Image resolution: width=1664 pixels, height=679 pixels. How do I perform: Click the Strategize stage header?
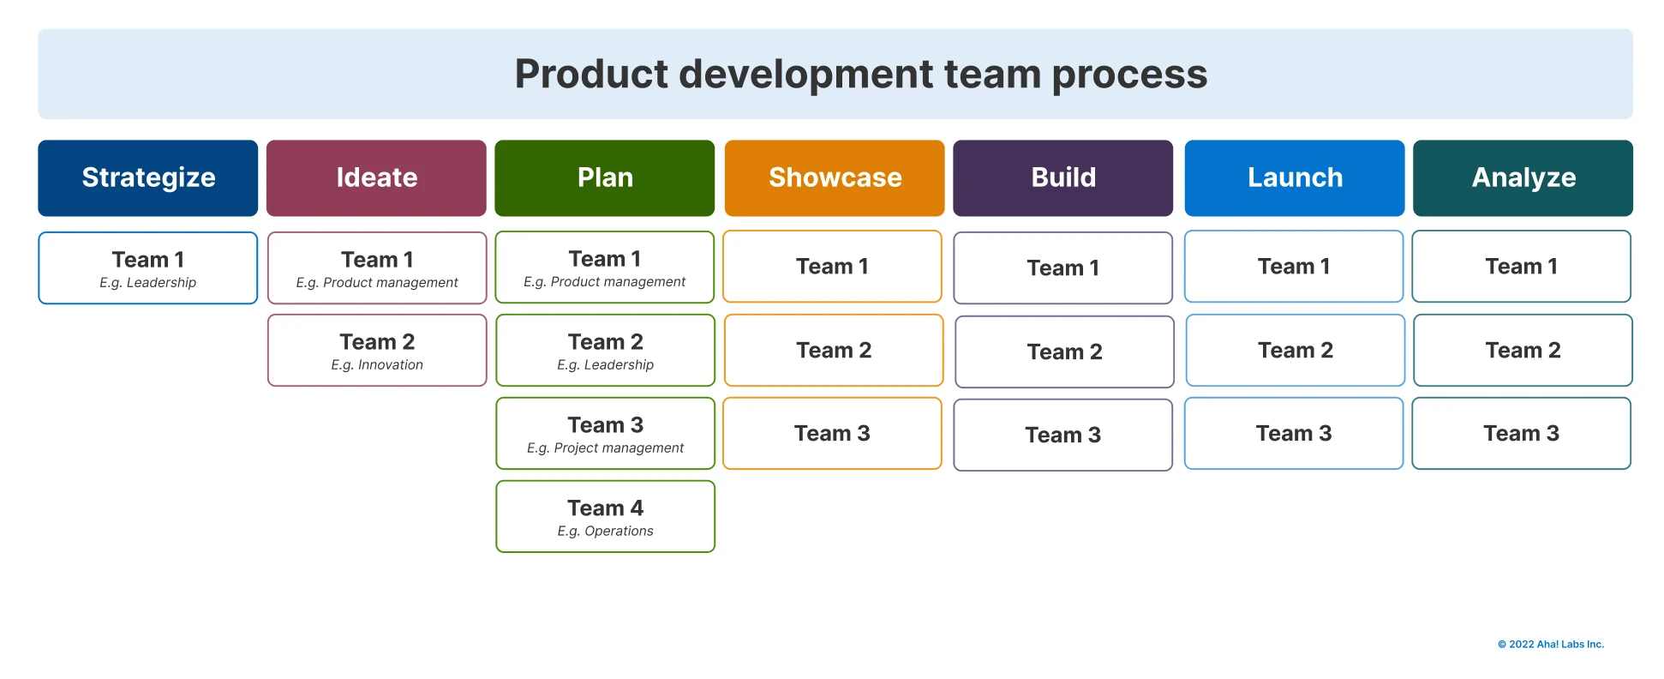click(147, 177)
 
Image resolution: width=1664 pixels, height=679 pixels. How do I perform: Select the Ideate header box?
click(376, 177)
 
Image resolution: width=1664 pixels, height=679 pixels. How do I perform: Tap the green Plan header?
click(604, 177)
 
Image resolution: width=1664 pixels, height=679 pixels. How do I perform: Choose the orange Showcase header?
click(834, 177)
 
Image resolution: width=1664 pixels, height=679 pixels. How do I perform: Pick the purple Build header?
click(1062, 177)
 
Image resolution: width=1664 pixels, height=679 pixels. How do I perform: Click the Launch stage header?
click(1294, 177)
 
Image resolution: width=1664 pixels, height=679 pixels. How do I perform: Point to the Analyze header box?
click(1523, 177)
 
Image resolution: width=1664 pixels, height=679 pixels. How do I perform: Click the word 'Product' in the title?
click(590, 75)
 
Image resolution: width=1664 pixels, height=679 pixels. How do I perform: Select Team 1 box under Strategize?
click(147, 267)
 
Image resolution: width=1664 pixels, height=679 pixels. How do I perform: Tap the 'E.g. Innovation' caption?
click(377, 365)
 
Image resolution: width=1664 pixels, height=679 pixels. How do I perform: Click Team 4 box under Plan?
click(605, 515)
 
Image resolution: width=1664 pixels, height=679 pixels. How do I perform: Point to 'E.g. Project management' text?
click(605, 448)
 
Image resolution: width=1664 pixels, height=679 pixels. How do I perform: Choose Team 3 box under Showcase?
click(832, 433)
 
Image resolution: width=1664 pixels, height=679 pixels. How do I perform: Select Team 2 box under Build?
click(1064, 352)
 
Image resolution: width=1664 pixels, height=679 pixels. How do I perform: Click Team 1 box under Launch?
click(1294, 267)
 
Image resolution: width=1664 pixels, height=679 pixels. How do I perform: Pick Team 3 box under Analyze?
click(1521, 433)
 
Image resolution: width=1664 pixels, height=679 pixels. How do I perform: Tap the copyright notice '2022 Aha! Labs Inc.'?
click(1551, 645)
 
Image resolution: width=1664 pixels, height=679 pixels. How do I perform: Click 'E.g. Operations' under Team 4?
click(605, 532)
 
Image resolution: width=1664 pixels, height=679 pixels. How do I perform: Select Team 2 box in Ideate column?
click(377, 350)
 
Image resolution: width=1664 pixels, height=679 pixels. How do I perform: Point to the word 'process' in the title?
click(1129, 75)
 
